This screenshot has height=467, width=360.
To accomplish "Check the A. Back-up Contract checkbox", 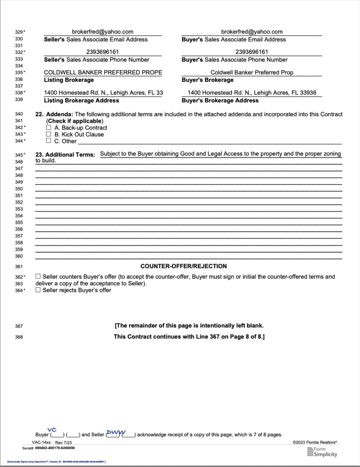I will [49, 128].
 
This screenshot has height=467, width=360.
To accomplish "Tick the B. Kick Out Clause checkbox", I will [49, 135].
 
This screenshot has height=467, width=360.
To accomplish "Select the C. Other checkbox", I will [49, 141].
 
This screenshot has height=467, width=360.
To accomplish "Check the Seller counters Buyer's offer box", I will [38, 277].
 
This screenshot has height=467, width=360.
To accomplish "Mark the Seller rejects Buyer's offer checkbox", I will [38, 290].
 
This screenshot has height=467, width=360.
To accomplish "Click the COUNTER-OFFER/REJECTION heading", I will [183, 266].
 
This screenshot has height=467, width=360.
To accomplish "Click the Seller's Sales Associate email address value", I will [103, 32].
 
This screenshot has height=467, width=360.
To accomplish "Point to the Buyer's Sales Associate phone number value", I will [252, 52].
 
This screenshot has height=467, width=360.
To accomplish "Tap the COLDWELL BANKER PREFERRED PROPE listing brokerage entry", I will [103, 73].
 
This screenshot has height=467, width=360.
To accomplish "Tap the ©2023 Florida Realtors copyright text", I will [315, 442].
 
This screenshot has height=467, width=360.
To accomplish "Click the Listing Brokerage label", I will [69, 80].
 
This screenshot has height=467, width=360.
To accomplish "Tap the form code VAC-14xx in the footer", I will [41, 442].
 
